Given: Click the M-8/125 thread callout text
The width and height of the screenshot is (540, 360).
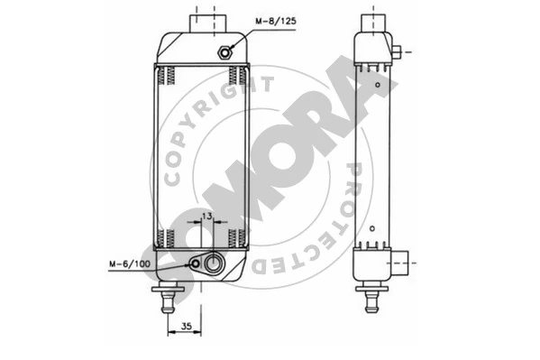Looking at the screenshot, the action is pos(276,21).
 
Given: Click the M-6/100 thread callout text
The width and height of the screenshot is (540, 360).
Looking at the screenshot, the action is pos(130,264).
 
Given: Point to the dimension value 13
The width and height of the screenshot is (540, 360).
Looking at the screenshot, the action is pos(206,217).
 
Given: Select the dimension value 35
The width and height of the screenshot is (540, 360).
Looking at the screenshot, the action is pos(187,326).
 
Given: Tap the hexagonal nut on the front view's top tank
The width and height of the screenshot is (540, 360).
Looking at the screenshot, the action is pos(224,52).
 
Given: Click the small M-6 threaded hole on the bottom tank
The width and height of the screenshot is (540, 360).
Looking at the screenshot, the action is pos(196,264).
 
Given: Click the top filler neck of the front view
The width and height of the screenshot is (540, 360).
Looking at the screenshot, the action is pos(207,23).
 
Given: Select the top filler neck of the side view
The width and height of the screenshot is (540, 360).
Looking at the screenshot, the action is pos(373,23).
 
